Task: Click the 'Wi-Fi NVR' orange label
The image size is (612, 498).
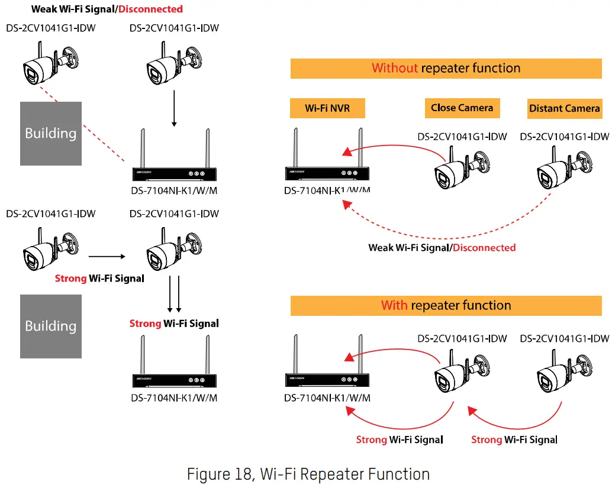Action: pyautogui.click(x=327, y=108)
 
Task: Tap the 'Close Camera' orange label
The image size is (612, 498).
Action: pyautogui.click(x=462, y=108)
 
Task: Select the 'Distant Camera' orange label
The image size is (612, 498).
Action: pyautogui.click(x=565, y=108)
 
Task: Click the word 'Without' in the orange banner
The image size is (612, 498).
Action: pyautogui.click(x=395, y=68)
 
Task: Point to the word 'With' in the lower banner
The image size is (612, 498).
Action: pyautogui.click(x=394, y=305)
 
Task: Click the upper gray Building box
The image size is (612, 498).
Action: pyautogui.click(x=51, y=134)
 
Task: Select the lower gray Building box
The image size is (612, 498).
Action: pyautogui.click(x=51, y=326)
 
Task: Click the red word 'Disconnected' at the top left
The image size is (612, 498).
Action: pyautogui.click(x=150, y=9)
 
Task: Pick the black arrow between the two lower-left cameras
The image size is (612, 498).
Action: pyautogui.click(x=107, y=257)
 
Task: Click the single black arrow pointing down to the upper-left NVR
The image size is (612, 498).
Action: pyautogui.click(x=174, y=108)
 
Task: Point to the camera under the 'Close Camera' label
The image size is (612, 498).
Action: pyautogui.click(x=462, y=168)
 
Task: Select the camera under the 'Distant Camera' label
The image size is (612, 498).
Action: pyautogui.click(x=565, y=168)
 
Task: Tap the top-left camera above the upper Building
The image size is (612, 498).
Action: pyautogui.click(x=51, y=63)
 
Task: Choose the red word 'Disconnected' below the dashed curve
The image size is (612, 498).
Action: pyautogui.click(x=484, y=248)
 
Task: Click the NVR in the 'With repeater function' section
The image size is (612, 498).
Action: pyautogui.click(x=327, y=361)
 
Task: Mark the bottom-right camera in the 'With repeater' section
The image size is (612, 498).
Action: pyautogui.click(x=565, y=371)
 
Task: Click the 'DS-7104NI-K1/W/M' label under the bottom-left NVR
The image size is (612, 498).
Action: pyautogui.click(x=174, y=398)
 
